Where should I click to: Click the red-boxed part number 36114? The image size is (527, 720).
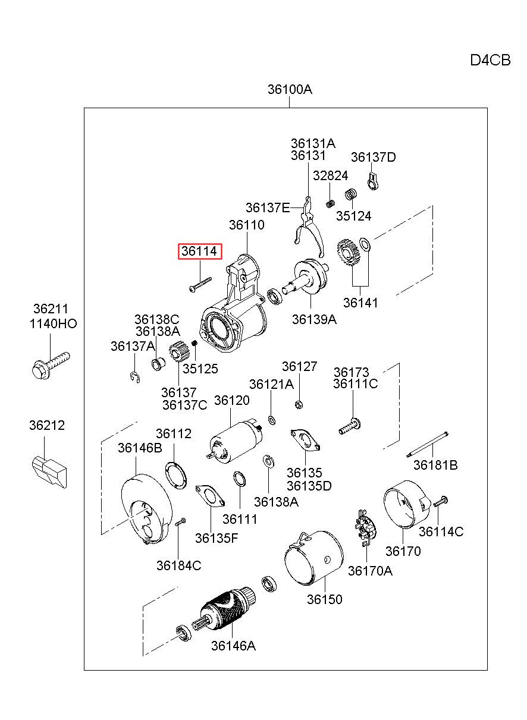point(200,251)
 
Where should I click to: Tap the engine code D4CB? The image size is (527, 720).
point(490,60)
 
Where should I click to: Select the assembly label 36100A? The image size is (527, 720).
point(290,89)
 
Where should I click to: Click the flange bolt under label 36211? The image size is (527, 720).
point(51,365)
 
